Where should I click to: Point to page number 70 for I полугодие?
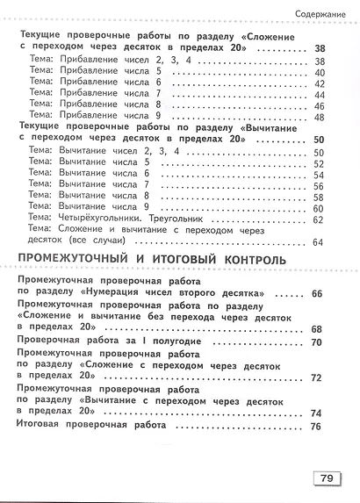[x=317, y=341]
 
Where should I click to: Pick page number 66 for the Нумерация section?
[x=317, y=292]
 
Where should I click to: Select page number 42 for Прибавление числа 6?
[x=318, y=83]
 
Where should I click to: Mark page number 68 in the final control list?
[x=317, y=328]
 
